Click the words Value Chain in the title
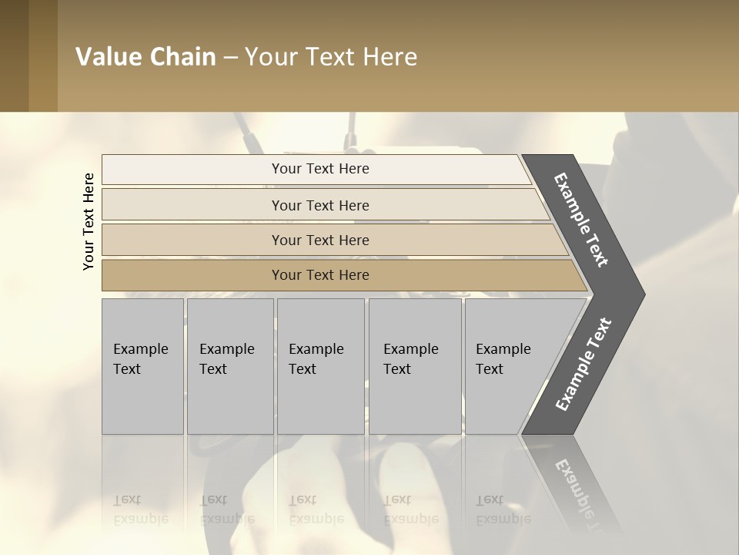145,57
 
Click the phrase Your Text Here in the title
331,57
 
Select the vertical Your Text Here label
89,221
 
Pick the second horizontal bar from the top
320,205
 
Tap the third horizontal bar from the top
320,240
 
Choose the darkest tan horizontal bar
320,275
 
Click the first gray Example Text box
142,366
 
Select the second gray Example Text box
230,366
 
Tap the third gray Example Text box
320,366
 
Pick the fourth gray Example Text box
415,366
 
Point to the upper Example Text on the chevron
581,219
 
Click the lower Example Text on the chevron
583,364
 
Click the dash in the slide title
230,57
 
